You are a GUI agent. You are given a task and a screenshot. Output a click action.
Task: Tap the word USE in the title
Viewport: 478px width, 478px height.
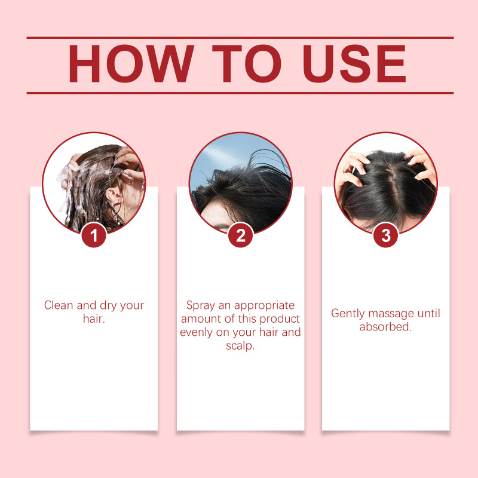coord(354,63)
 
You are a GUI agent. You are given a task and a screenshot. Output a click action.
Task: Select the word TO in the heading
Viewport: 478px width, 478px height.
coord(247,63)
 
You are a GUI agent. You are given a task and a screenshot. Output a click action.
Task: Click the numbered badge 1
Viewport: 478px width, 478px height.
coord(94,235)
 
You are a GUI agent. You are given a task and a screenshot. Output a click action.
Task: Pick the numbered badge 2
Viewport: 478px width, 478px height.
coord(241,235)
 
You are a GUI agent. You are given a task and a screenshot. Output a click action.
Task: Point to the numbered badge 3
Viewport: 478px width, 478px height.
coord(386,235)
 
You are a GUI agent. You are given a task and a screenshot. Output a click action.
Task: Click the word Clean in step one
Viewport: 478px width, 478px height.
coord(59,305)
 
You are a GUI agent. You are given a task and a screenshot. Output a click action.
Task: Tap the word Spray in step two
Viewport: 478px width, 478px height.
coord(200,305)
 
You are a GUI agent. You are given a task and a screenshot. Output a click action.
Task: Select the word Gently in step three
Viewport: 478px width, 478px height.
coord(348,314)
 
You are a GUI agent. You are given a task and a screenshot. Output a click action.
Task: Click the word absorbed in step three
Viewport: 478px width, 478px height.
coord(385,327)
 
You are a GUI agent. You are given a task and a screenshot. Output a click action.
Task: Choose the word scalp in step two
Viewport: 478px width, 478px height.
coord(240,346)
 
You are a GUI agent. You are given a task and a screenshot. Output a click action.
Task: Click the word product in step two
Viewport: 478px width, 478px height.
coord(280,319)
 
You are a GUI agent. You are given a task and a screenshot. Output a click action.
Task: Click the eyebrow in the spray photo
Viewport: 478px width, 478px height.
coord(222,227)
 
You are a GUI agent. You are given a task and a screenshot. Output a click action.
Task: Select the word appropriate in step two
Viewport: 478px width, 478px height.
coord(264,305)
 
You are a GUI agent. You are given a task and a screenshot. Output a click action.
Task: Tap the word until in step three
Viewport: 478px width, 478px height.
coord(429,313)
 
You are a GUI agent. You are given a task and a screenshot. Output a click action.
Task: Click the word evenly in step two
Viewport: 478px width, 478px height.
coord(197,333)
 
